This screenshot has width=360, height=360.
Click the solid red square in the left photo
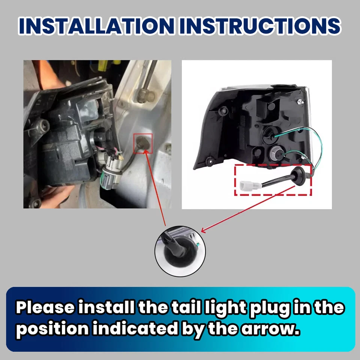143,144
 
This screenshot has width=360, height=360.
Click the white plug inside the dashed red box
246,184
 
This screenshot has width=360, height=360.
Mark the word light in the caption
220,307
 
